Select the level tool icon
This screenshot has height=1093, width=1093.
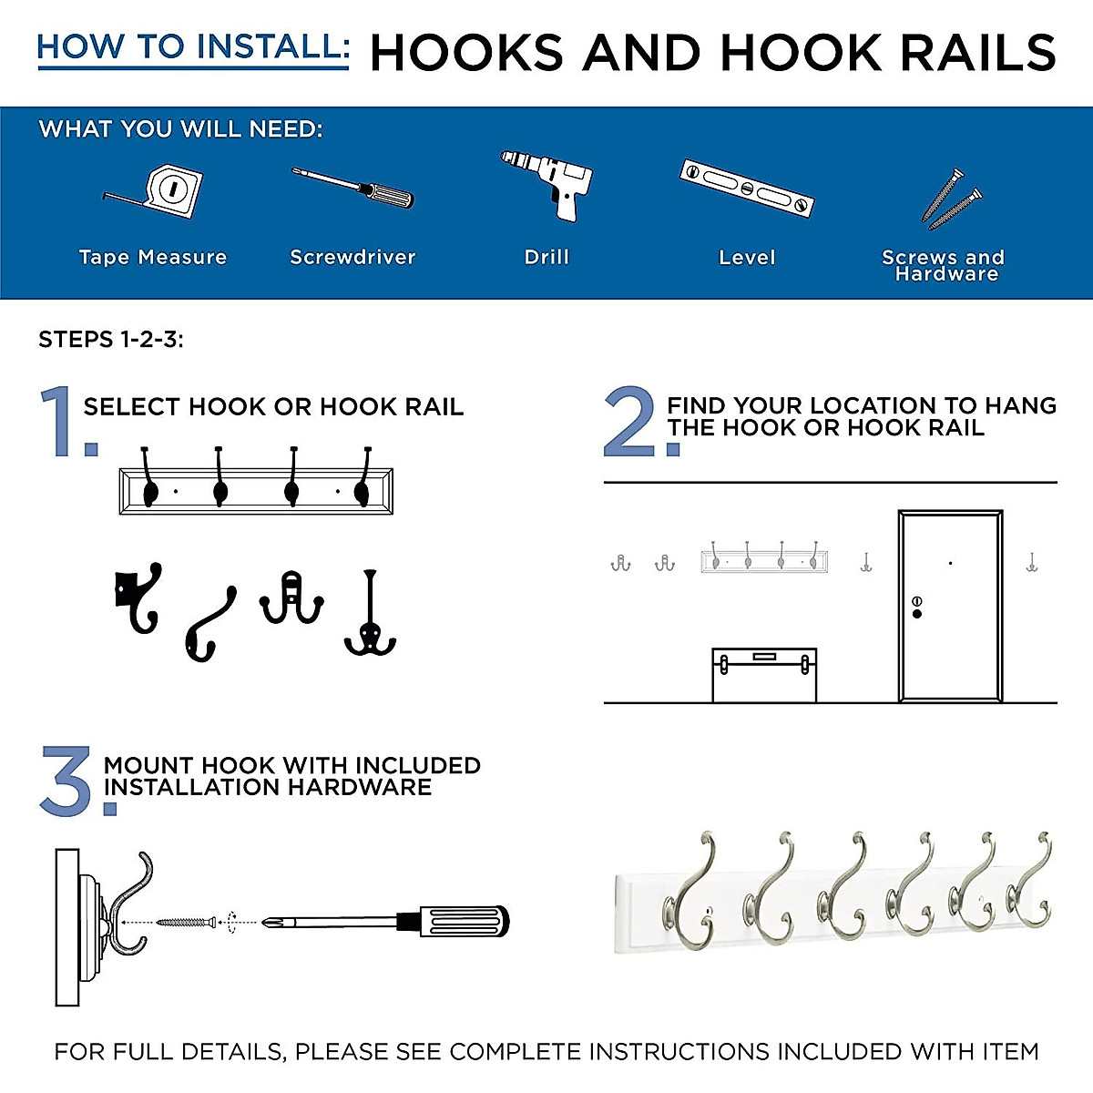(x=746, y=188)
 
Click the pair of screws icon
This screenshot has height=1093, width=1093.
(x=952, y=199)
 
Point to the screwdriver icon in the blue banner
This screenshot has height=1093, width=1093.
(x=353, y=188)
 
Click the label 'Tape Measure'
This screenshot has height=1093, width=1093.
(x=152, y=258)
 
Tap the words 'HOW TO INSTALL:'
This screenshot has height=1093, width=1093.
(x=192, y=47)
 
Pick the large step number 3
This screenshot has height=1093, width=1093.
(x=69, y=781)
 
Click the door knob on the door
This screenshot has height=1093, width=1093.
(x=916, y=613)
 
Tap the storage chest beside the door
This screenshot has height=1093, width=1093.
(x=763, y=675)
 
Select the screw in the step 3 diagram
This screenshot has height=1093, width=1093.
(x=187, y=922)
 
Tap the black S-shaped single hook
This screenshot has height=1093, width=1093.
(x=210, y=625)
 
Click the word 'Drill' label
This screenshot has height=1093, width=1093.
(x=546, y=258)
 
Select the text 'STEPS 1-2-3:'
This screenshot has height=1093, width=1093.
(x=111, y=340)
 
